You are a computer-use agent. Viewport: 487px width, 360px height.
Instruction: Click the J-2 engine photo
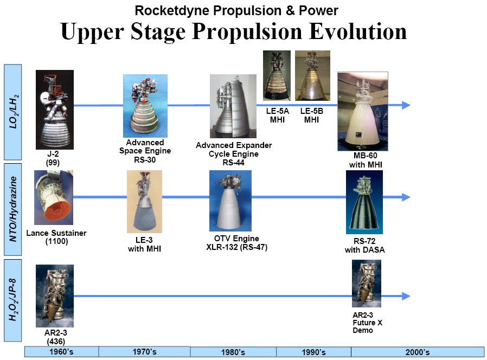55,110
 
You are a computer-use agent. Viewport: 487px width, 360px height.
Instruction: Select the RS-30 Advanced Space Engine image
145,106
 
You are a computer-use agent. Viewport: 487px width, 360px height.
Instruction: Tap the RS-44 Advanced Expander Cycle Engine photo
233,106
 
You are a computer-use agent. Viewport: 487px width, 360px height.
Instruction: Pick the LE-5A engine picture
277,75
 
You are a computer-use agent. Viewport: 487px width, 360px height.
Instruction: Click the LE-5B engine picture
312,75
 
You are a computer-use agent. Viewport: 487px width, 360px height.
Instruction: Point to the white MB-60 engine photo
363,112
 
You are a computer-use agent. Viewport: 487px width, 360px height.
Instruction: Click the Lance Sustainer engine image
54,197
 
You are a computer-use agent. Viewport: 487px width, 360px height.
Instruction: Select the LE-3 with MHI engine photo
144,202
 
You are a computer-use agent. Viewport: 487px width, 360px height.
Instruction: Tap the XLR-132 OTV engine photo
230,201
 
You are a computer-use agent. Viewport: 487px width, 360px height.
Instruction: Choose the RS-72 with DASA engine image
364,202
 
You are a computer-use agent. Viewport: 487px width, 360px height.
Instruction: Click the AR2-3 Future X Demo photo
367,284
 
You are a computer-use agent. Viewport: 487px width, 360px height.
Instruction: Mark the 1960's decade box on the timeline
61,352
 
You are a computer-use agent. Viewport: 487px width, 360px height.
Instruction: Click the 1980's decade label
233,352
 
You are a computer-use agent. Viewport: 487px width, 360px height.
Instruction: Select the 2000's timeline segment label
418,352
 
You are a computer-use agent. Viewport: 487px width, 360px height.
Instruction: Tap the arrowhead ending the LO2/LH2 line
406,105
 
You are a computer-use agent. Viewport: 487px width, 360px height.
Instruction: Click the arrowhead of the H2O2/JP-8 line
406,296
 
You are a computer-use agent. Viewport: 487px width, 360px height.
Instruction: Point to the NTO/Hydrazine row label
12,209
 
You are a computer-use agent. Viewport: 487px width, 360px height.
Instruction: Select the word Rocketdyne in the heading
172,10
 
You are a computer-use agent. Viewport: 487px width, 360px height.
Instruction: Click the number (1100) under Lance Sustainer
56,241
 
